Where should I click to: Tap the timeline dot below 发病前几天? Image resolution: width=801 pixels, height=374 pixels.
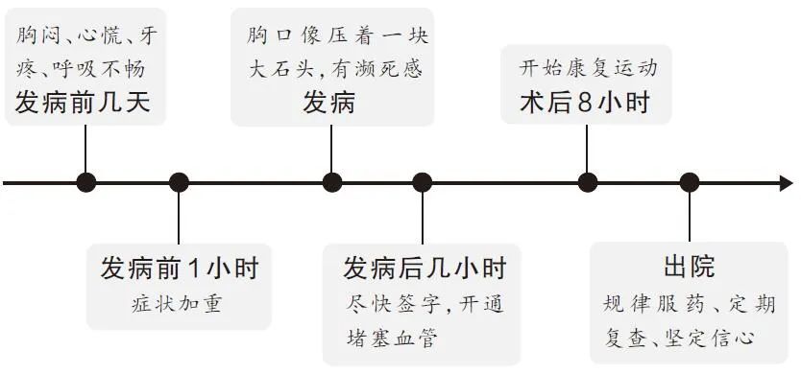[86, 182]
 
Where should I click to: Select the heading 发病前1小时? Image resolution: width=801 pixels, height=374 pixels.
[180, 268]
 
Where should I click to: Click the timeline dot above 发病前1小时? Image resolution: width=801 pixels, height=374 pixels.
[179, 182]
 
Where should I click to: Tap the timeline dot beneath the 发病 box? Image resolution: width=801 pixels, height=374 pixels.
[332, 182]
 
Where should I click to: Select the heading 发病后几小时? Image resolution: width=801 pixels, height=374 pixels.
[425, 268]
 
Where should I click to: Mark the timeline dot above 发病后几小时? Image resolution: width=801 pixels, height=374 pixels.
[423, 182]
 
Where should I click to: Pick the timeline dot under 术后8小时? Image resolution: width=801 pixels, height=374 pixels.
[587, 182]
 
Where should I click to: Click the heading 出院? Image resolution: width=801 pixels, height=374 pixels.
[689, 268]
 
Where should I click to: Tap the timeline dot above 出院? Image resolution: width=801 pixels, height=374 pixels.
[689, 182]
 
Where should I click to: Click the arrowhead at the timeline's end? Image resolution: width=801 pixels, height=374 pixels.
[786, 182]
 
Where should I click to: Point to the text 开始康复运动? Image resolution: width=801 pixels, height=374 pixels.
[589, 69]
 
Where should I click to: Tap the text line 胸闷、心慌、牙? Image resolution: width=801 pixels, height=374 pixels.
[87, 37]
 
